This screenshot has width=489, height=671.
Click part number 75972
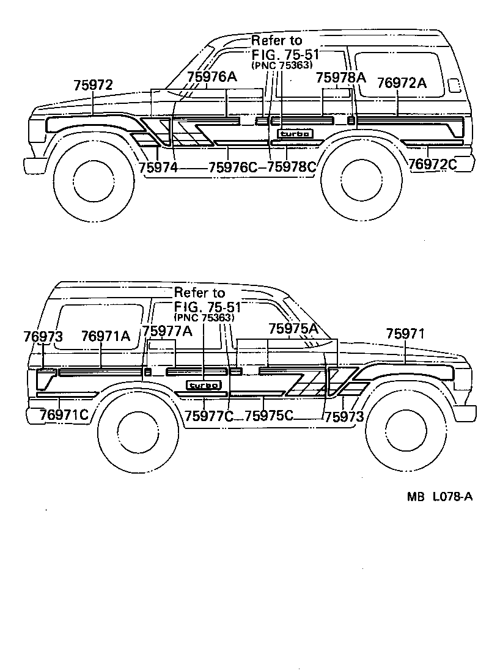93,86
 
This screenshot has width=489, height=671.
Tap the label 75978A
340,78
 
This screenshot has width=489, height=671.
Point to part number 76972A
401,82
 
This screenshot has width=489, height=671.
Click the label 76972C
433,164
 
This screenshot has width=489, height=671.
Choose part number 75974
157,167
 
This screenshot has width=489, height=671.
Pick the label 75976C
233,167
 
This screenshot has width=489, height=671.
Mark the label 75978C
292,167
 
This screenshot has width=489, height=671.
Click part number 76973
43,336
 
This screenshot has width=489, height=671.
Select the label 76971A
106,336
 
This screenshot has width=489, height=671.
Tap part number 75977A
167,331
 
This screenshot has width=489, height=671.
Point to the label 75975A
293,329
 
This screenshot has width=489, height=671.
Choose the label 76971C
64,416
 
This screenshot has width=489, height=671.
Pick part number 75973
344,417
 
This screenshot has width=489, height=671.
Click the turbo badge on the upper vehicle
296,134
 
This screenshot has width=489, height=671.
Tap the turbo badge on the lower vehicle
204,385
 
